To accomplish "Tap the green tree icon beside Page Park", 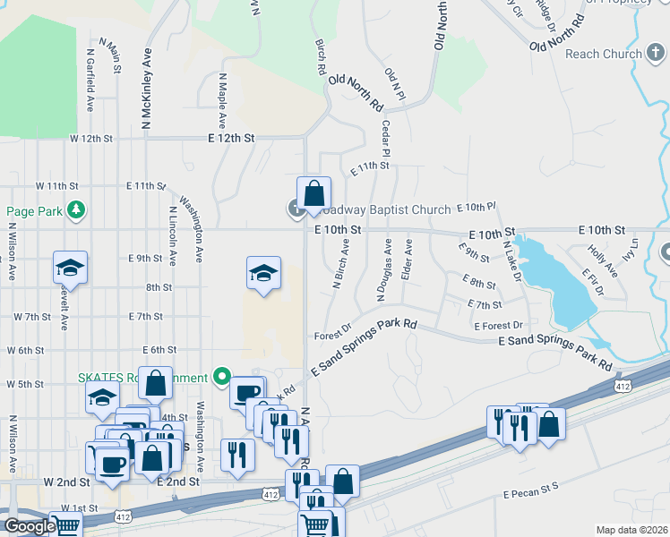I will pos(78,209).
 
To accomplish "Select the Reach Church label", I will pos(604,54).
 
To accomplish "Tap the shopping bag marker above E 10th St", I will pos(314,194).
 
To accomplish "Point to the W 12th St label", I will pos(91,139).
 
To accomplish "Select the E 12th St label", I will pos(231,139).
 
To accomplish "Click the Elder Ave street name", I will pos(408,260).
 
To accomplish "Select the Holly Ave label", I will pos(595,260).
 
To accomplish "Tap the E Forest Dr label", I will pos(498,326).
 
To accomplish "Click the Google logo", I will pos(30,526).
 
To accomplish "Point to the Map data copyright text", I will pos(631,530).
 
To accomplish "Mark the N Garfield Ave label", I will pos(90,81).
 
